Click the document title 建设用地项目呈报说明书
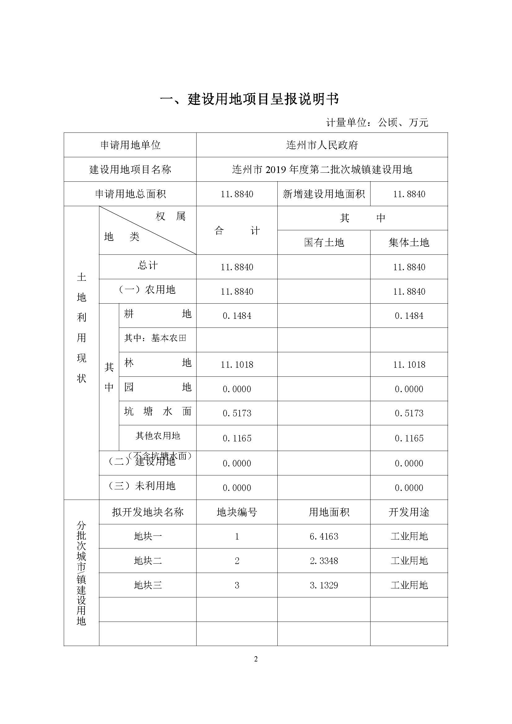point(249,99)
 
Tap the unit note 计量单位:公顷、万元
point(377,122)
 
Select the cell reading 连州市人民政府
point(322,145)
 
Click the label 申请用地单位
point(130,145)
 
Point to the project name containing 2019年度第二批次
point(322,170)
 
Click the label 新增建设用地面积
point(324,194)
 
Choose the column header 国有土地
point(324,242)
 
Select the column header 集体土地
point(409,242)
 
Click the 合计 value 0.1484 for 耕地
point(237,316)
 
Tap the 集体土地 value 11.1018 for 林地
point(409,365)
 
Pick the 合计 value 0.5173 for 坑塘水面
point(237,413)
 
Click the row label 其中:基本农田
point(155,338)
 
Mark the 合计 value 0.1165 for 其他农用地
point(237,438)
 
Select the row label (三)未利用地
point(142,486)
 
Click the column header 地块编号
point(237,512)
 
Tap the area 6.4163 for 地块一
point(324,536)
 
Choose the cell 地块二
point(148,561)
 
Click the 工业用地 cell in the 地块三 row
point(409,585)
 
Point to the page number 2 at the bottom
point(256,659)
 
